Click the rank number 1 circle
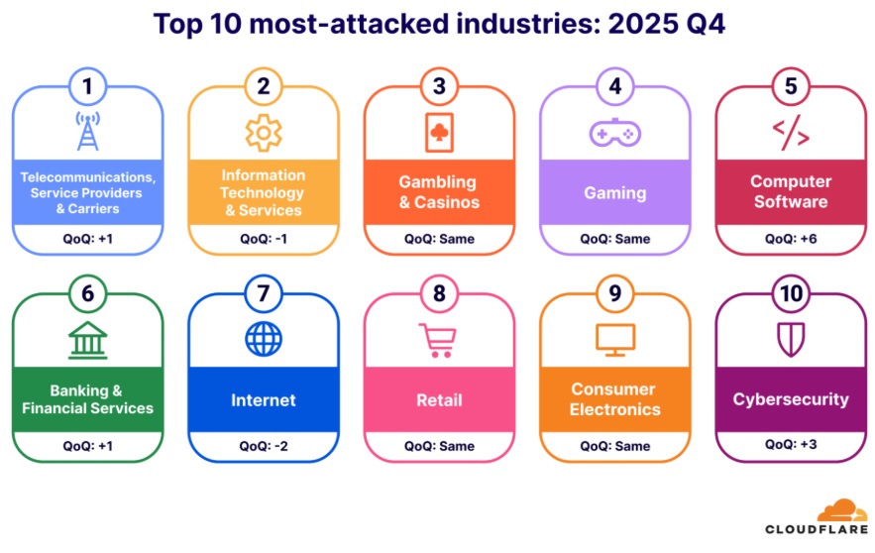point(87,86)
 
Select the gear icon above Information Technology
point(264,133)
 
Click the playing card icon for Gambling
point(439,133)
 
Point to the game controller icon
point(614,133)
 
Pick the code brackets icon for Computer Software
point(790,133)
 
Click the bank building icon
point(87,340)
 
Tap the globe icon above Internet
point(264,340)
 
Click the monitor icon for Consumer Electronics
point(614,340)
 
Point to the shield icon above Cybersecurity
point(790,340)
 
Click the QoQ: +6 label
point(790,239)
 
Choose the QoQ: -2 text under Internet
point(264,446)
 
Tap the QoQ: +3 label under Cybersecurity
point(790,446)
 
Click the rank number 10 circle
point(790,294)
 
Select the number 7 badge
point(264,294)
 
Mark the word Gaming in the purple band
point(614,193)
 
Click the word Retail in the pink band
point(439,400)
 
